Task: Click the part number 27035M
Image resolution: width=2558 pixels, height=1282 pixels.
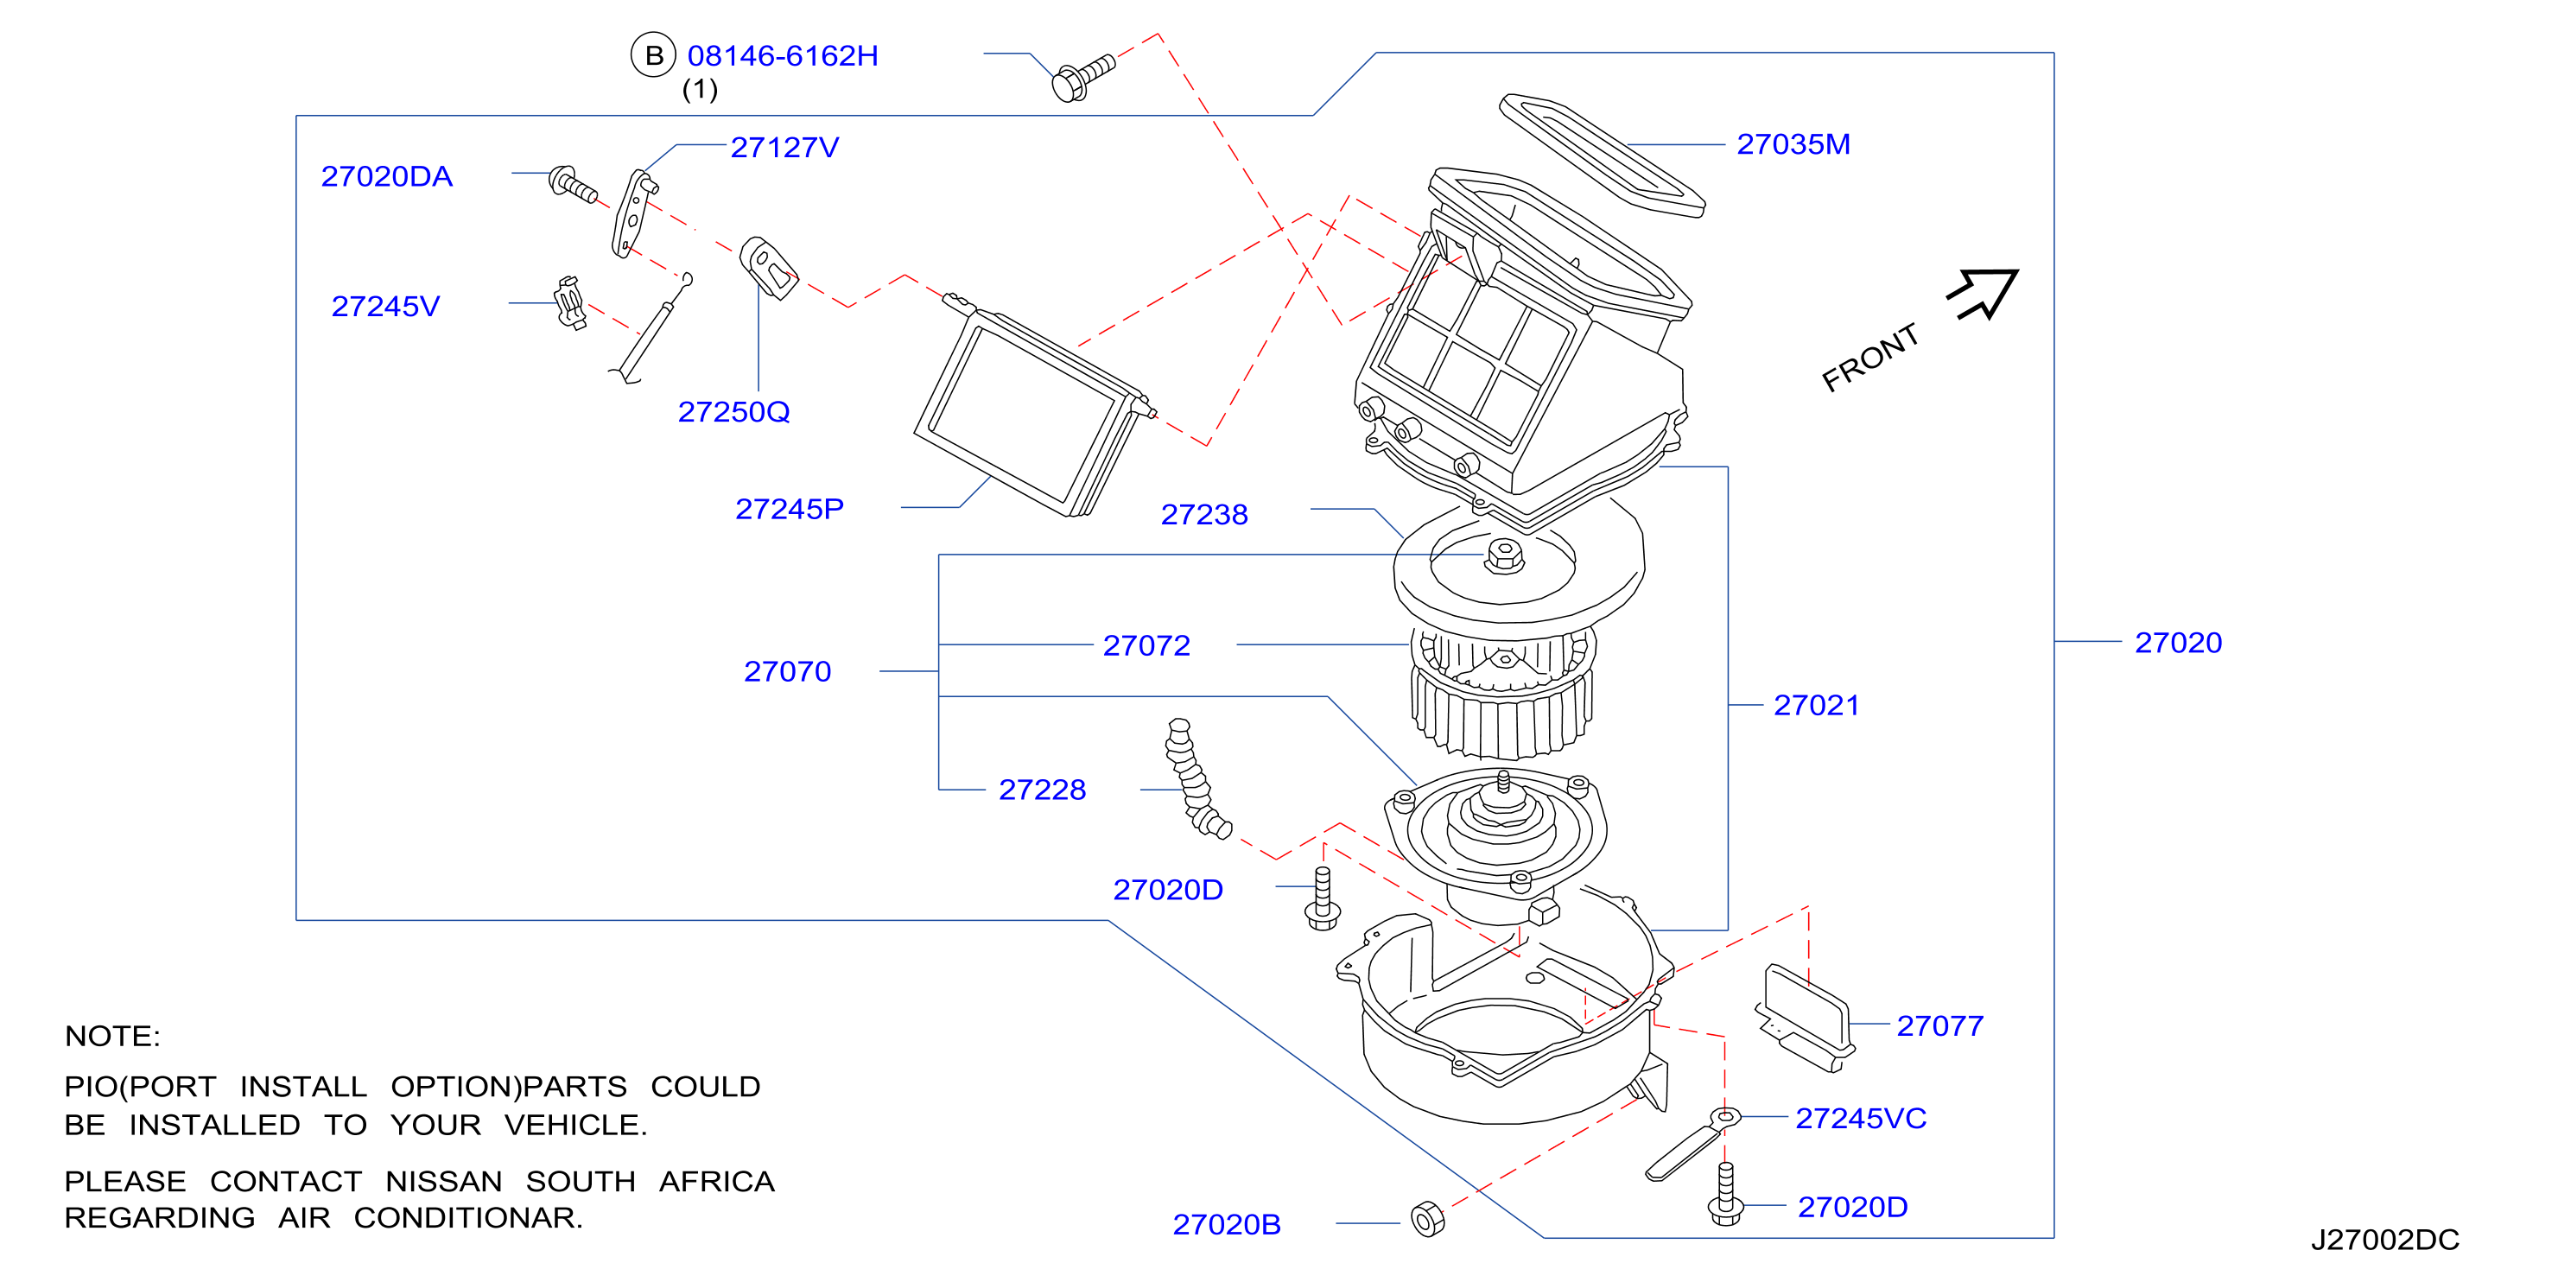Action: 1793,145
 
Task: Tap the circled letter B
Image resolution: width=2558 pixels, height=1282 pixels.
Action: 653,55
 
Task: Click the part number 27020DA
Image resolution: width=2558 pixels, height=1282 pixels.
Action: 386,177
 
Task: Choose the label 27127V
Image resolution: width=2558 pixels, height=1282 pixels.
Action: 784,148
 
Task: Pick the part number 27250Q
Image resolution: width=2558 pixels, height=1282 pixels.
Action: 733,412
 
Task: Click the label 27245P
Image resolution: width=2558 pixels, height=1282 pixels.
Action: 790,510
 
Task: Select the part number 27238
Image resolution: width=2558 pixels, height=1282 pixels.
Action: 1204,514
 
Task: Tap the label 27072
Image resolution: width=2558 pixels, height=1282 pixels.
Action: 1147,646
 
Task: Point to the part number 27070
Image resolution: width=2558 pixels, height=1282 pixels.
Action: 788,672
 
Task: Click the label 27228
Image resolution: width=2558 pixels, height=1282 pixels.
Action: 1043,790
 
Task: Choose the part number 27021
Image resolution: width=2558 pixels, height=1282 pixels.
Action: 1816,706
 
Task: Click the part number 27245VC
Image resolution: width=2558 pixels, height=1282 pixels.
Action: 1861,1119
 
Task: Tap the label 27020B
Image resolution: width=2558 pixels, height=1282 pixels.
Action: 1227,1225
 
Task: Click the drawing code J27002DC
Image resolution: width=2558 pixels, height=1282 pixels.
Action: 2385,1241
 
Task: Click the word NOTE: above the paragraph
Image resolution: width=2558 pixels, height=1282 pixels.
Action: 112,1037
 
